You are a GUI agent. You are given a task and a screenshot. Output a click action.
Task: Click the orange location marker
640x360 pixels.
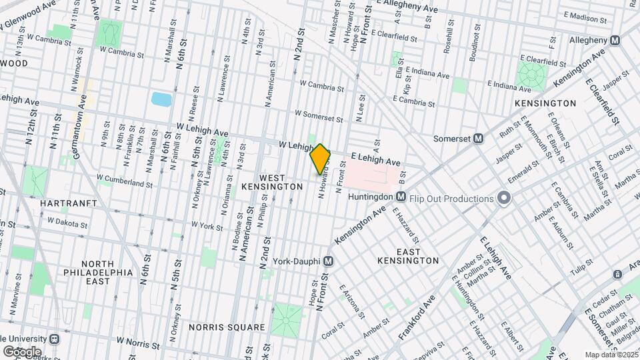(x=320, y=158)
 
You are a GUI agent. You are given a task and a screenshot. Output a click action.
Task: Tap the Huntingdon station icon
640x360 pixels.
(x=401, y=197)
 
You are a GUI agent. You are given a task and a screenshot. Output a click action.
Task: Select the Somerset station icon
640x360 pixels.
(x=478, y=139)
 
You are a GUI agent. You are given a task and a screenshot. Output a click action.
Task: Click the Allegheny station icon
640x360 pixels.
(x=615, y=41)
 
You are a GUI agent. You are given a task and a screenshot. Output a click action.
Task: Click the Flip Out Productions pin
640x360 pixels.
(x=504, y=198)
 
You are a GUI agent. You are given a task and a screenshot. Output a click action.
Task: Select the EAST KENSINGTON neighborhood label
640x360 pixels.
(x=408, y=256)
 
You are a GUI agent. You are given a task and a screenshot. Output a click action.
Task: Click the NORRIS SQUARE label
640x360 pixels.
(x=227, y=327)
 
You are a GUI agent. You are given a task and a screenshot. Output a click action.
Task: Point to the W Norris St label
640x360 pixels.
(x=139, y=340)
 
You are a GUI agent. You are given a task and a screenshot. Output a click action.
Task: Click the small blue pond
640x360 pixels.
(x=161, y=100)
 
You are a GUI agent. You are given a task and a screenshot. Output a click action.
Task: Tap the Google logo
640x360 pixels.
(x=21, y=352)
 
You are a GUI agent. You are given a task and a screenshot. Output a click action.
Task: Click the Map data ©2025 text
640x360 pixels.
(x=611, y=355)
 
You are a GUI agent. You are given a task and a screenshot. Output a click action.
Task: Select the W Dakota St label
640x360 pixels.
(x=67, y=220)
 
